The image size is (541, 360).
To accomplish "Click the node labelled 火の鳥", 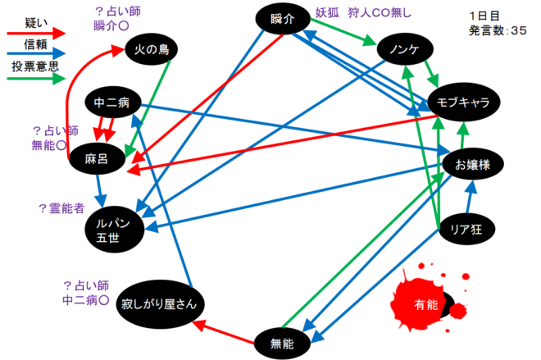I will click(153, 51).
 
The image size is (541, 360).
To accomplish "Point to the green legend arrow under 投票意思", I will click(34, 80).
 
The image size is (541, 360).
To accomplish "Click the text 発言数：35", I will click(498, 30).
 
